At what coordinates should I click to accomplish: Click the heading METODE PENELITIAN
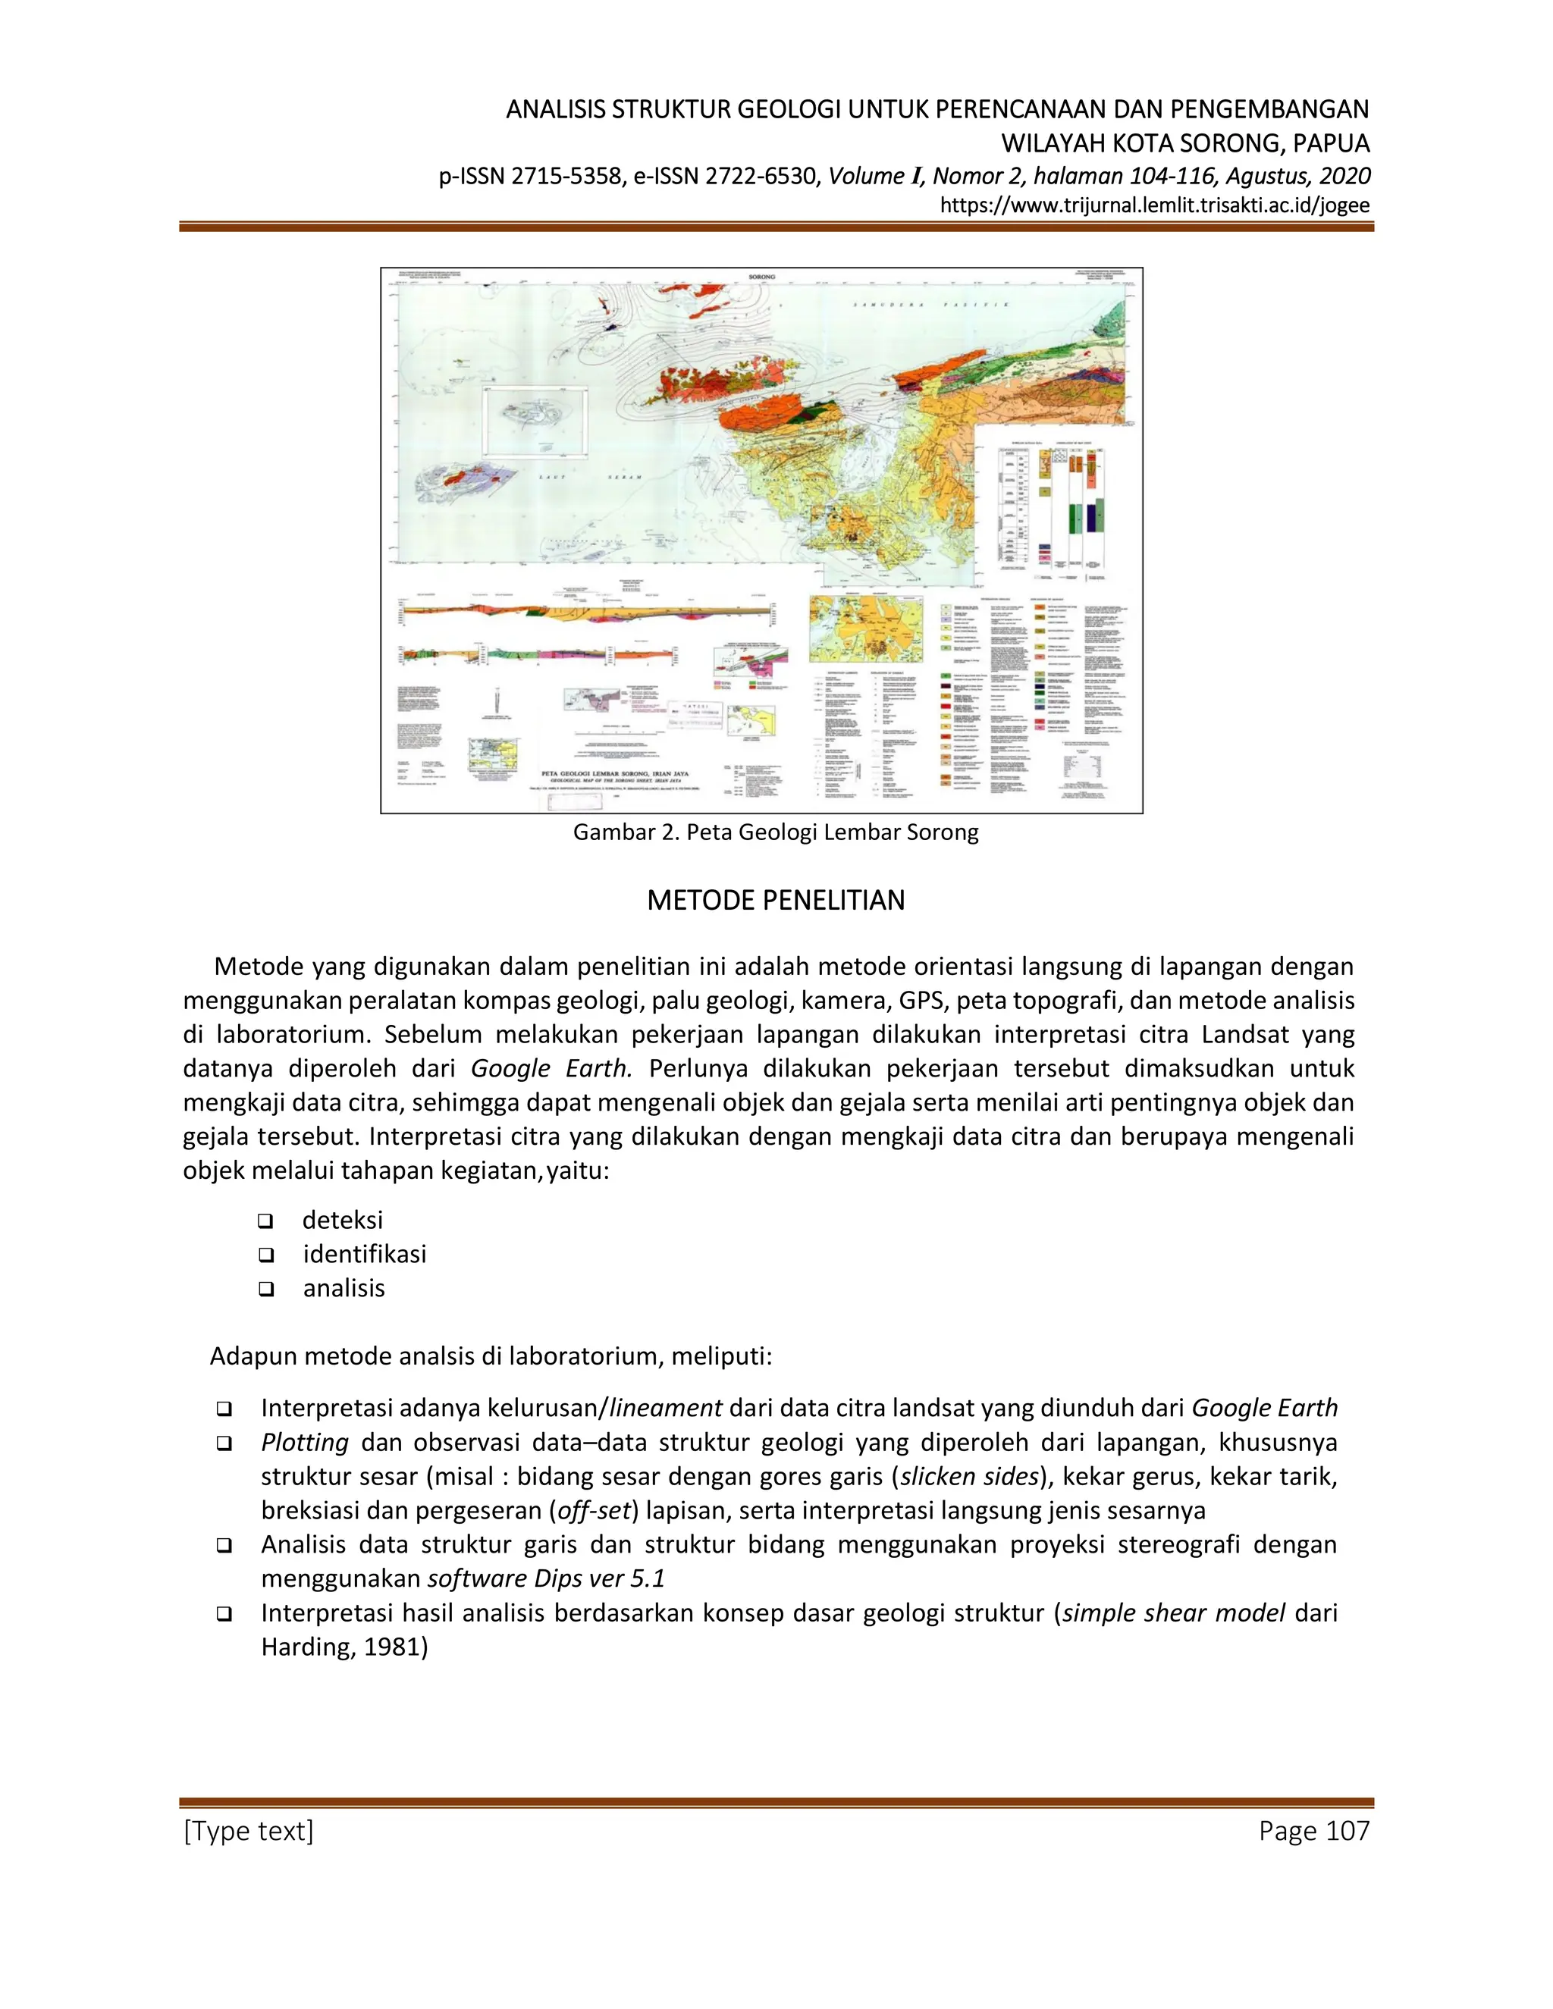[776, 900]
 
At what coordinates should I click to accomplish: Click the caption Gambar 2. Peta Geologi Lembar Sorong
[776, 832]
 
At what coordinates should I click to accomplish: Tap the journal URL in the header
[1155, 205]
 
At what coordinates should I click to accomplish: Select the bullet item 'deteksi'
[342, 1220]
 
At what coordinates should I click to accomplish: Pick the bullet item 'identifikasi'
[364, 1254]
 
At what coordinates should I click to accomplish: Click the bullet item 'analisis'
[344, 1288]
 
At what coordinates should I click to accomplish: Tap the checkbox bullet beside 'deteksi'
[266, 1221]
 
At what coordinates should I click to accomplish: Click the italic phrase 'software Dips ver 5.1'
[545, 1578]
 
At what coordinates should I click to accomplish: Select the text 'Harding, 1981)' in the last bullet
[345, 1647]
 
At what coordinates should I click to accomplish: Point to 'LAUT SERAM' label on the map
[588, 478]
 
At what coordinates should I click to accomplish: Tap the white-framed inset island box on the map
[536, 422]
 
